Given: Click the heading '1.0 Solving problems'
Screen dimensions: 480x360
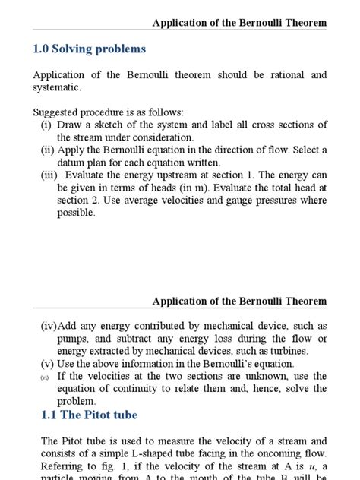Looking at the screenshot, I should click(89, 49).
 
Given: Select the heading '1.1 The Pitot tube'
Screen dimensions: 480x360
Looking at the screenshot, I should click(89, 415).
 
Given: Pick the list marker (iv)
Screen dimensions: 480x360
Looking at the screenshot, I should click(49, 326).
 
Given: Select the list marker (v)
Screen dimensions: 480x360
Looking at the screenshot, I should click(47, 363).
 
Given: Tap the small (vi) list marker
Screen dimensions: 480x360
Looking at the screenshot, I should click(45, 377).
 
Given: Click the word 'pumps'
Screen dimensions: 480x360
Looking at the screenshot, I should click(74, 339).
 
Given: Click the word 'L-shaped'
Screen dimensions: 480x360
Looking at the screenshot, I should click(156, 453).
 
